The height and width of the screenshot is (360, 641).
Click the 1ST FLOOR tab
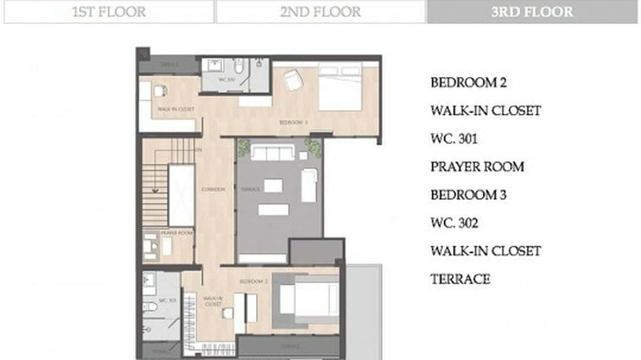pos(109,11)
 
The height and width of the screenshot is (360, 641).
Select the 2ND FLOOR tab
pos(320,11)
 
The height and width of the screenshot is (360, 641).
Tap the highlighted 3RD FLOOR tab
pos(532,11)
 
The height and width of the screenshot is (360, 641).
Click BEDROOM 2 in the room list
pos(468,83)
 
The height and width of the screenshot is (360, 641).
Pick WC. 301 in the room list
pos(454,139)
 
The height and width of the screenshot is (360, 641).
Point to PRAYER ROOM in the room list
pos(477,167)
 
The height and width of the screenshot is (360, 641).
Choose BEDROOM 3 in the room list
pos(468,195)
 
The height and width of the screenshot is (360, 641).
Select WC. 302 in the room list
pos(454,223)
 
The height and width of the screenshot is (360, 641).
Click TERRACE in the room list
pos(460,279)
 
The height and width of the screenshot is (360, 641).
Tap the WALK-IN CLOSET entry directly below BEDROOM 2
pos(485,111)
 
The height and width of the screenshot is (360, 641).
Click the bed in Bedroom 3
pos(340,88)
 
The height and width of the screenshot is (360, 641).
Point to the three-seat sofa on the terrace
pos(273,153)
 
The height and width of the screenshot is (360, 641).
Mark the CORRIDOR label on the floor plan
pos(213,190)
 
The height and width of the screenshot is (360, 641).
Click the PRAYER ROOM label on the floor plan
pos(176,233)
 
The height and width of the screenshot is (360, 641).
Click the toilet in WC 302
pos(239,65)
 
